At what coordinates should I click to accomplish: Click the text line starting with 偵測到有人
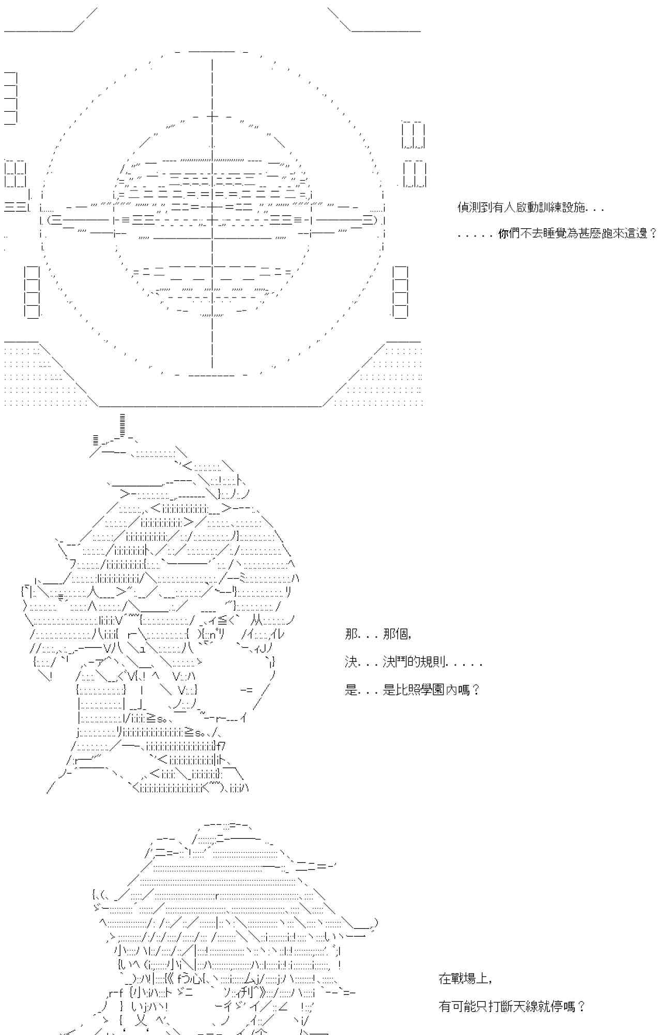point(530,208)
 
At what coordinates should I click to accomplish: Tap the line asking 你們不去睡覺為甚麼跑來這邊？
point(557,234)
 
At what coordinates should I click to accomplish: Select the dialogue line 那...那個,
point(378,634)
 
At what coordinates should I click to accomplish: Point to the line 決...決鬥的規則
point(414,662)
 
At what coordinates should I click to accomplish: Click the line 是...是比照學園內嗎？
point(413,690)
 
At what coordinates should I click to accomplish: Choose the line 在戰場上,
point(465,979)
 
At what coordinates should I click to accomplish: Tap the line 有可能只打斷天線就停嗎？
point(512,1007)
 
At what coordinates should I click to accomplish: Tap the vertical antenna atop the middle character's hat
point(122,425)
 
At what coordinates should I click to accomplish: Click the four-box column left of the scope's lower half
point(32,291)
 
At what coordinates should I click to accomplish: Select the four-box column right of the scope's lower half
point(400,291)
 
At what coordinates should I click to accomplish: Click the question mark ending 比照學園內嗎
point(476,690)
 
